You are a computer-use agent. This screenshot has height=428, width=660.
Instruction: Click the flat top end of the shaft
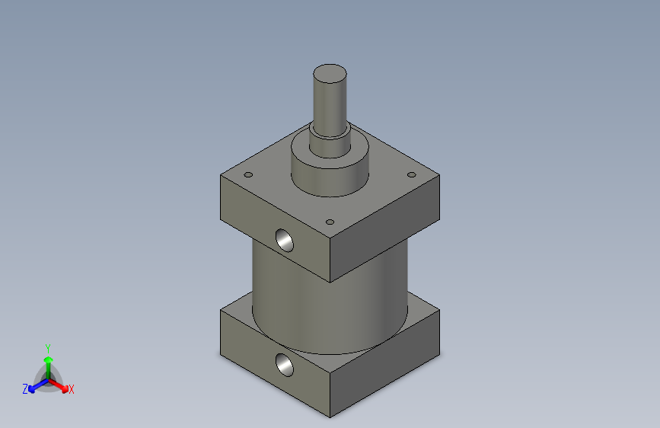(x=330, y=74)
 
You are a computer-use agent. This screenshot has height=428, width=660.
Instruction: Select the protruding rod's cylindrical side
(x=330, y=103)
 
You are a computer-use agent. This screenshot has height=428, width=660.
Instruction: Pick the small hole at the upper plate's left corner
(x=247, y=175)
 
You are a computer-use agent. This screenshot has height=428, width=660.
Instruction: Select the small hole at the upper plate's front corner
(x=330, y=222)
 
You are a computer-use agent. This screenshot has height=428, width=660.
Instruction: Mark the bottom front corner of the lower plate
(x=330, y=417)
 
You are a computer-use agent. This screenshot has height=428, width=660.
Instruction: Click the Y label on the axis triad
(x=48, y=347)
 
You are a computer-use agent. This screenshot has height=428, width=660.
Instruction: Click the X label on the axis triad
(x=72, y=390)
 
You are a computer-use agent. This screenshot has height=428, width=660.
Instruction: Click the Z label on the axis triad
(x=25, y=389)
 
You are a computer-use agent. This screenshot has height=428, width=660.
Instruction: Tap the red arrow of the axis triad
(x=61, y=385)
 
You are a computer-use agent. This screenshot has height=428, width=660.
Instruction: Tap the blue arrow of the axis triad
(x=34, y=387)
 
